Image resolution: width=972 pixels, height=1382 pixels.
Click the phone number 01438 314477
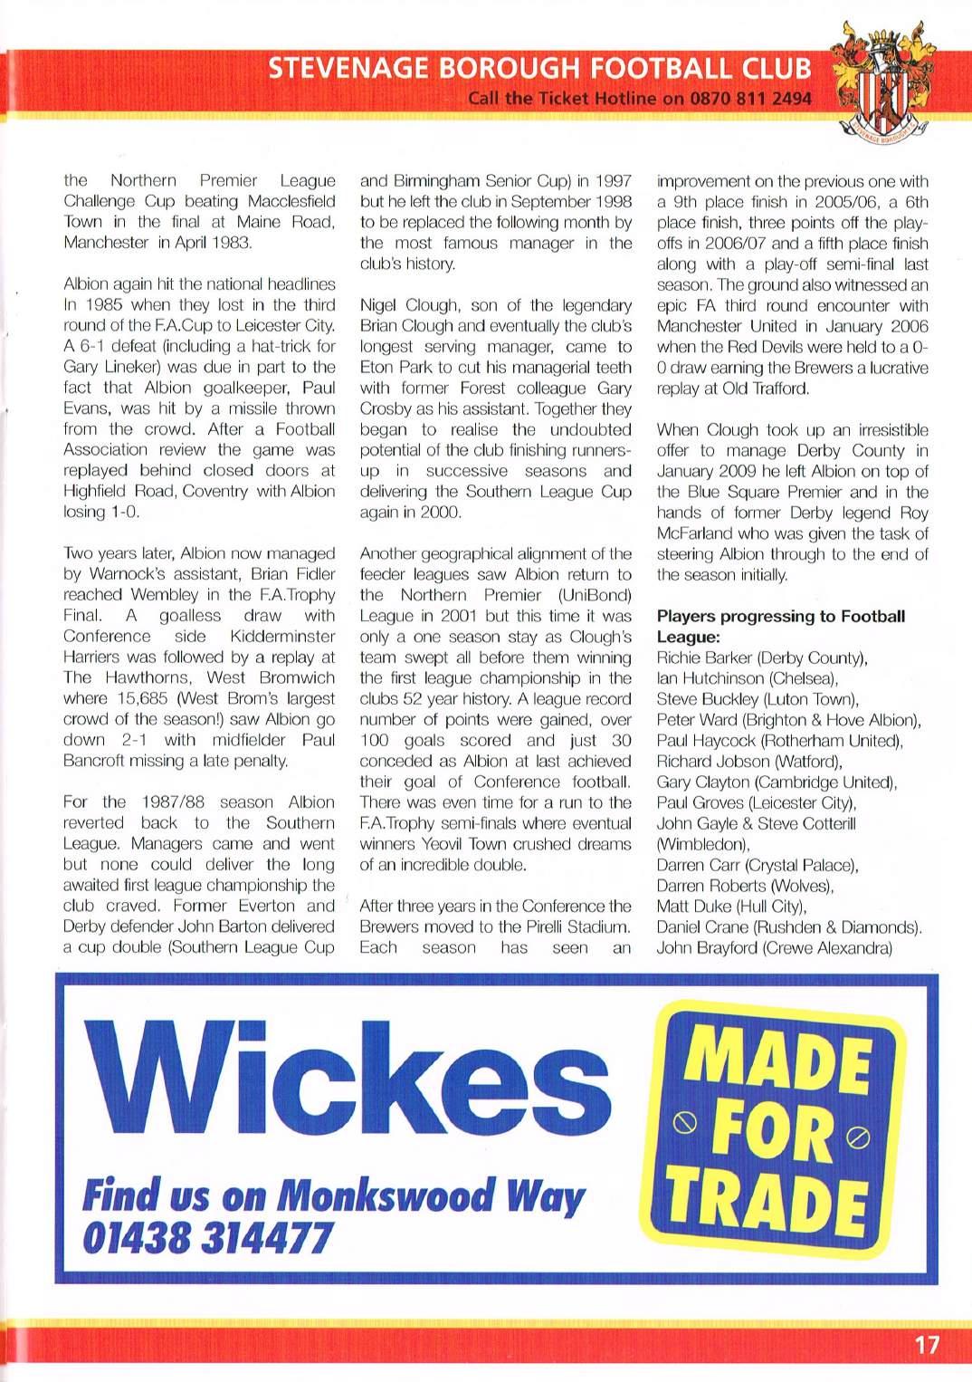[207, 1238]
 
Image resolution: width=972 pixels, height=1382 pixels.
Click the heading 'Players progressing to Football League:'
[780, 626]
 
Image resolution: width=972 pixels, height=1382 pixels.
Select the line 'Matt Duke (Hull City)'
[731, 906]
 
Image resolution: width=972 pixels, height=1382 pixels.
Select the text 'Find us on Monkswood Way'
[333, 1195]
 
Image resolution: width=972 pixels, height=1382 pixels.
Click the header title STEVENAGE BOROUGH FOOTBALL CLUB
[540, 69]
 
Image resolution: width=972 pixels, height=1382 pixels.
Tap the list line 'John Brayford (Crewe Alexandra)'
[774, 947]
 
